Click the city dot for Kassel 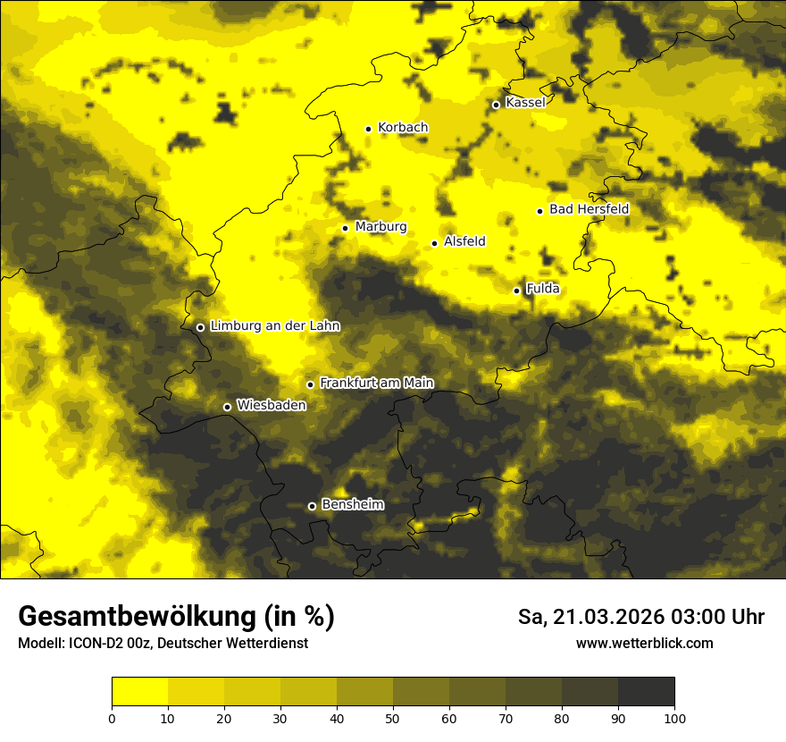[x=496, y=105]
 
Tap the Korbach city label [x=403, y=128]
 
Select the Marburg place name [x=380, y=227]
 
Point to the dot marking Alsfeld [x=434, y=243]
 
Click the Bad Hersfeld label [x=589, y=209]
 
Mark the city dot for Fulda [x=516, y=291]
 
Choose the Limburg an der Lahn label [x=275, y=326]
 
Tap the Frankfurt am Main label [x=377, y=384]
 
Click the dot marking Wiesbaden [x=227, y=407]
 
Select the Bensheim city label [x=353, y=505]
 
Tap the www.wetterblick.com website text [x=645, y=644]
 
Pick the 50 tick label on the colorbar [x=393, y=718]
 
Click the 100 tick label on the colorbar [x=674, y=718]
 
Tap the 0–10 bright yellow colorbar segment [x=139, y=692]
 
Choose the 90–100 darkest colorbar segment [x=646, y=692]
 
